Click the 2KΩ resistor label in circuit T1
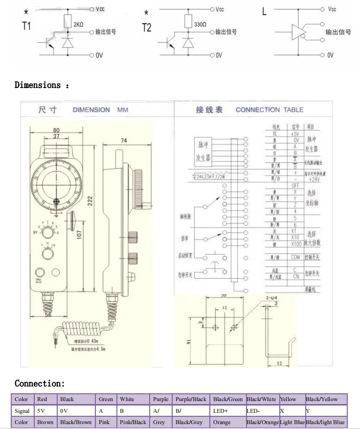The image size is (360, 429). pyautogui.click(x=79, y=24)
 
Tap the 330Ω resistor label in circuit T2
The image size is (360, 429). pyautogui.click(x=201, y=23)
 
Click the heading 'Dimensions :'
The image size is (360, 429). pyautogui.click(x=42, y=85)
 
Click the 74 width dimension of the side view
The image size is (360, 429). pyautogui.click(x=124, y=140)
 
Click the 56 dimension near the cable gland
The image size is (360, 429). pyautogui.click(x=48, y=315)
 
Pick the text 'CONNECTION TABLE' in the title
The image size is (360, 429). pyautogui.click(x=270, y=110)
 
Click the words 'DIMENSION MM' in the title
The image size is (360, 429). pyautogui.click(x=100, y=110)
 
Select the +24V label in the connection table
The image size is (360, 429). pyautogui.click(x=314, y=179)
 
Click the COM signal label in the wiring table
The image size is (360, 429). pyautogui.click(x=295, y=257)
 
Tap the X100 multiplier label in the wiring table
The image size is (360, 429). pyautogui.click(x=295, y=244)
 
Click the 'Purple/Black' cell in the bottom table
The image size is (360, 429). pyautogui.click(x=191, y=399)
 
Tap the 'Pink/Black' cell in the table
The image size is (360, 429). pyautogui.click(x=132, y=422)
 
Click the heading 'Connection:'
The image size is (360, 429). pyautogui.click(x=40, y=383)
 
